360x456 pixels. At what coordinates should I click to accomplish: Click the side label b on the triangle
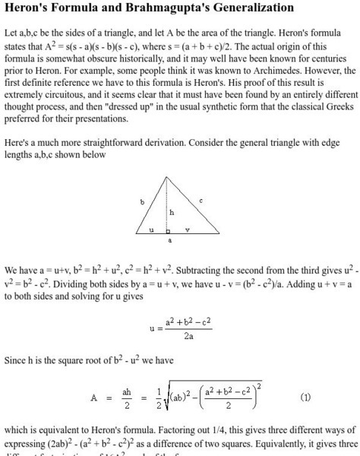point(141,202)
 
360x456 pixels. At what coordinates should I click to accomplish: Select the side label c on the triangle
point(201,200)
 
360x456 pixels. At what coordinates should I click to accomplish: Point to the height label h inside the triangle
point(172,212)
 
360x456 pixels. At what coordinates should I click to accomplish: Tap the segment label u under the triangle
point(150,229)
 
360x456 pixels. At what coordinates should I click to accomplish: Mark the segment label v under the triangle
point(187,229)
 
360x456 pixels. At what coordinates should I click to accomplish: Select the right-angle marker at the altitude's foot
point(169,229)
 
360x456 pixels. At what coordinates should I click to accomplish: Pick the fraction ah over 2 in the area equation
point(127,397)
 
